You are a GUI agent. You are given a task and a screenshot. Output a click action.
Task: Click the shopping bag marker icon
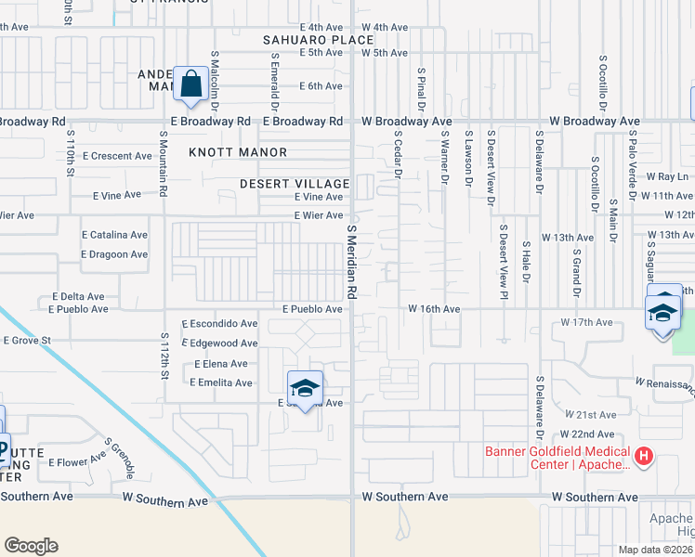click(190, 84)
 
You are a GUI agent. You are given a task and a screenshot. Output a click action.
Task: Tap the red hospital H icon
click(644, 456)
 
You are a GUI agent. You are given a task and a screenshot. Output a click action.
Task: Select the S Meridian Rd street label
click(352, 260)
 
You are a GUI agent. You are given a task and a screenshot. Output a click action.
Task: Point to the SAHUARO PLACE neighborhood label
click(305, 40)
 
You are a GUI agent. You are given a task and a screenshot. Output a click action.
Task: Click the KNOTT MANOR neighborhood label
click(239, 152)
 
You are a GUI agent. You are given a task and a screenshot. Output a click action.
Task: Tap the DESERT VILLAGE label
click(293, 184)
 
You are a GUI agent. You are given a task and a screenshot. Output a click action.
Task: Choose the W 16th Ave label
click(434, 308)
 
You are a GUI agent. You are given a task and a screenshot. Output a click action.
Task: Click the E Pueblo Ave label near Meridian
click(312, 308)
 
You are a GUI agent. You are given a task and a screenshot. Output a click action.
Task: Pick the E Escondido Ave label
click(220, 324)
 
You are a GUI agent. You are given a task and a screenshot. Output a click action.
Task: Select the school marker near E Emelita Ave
click(305, 387)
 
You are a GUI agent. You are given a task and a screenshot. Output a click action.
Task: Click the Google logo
click(31, 546)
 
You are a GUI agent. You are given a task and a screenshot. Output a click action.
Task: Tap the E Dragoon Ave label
click(114, 254)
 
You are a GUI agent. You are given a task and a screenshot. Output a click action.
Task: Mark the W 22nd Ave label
click(586, 434)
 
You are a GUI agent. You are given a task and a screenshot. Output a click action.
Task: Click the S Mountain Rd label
click(164, 163)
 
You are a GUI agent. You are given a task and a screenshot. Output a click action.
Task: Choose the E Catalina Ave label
click(114, 236)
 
